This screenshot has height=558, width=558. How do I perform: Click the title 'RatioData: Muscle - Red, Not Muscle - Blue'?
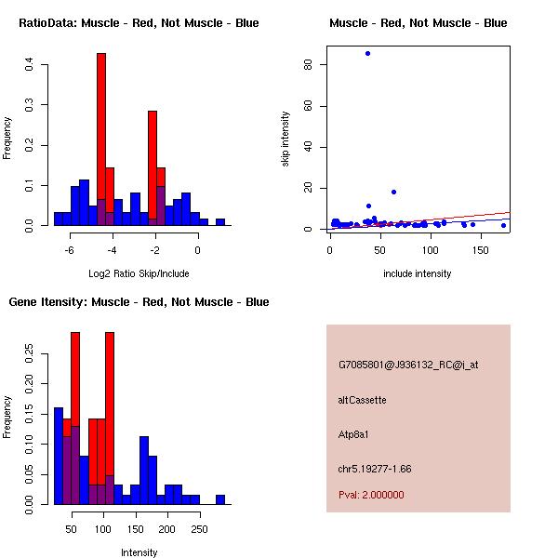pyautogui.click(x=139, y=22)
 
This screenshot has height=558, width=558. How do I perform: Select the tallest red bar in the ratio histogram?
pyautogui.click(x=101, y=139)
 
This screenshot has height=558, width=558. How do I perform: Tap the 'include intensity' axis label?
pyautogui.click(x=417, y=273)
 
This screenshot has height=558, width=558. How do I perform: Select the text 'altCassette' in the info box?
pyautogui.click(x=362, y=400)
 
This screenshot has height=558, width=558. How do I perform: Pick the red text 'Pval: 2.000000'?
pyautogui.click(x=371, y=495)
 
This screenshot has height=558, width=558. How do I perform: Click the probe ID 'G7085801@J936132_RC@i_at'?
pyautogui.click(x=408, y=365)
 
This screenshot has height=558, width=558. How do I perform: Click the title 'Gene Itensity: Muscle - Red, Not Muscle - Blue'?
pyautogui.click(x=139, y=302)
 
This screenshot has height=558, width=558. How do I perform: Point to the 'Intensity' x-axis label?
pyautogui.click(x=139, y=552)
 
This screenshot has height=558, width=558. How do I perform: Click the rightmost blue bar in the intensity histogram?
pyautogui.click(x=220, y=499)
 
